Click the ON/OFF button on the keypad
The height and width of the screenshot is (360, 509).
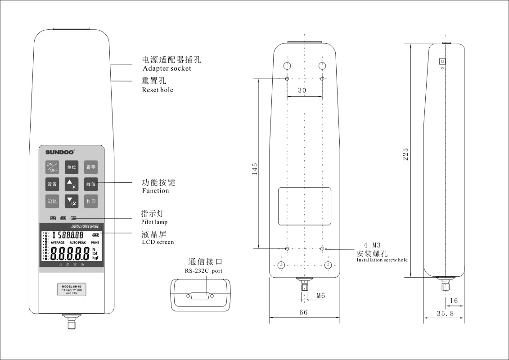(52, 167)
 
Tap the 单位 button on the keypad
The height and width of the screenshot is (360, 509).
(72, 167)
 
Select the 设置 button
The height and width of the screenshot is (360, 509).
(52, 184)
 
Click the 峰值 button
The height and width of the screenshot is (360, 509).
(91, 184)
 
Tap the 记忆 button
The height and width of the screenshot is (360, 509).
(52, 201)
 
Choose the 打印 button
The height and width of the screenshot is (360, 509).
(91, 201)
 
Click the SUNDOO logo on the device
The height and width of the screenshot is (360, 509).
(59, 152)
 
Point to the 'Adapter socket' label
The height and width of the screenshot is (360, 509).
(167, 68)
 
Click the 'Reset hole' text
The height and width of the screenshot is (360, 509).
(158, 90)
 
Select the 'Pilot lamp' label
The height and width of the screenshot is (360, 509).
(154, 222)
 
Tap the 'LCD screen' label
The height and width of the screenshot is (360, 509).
(158, 242)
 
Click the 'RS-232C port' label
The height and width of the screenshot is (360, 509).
(203, 271)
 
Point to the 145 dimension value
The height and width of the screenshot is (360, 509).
(255, 168)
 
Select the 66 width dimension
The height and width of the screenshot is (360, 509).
(303, 313)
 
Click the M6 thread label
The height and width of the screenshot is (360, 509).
(321, 296)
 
